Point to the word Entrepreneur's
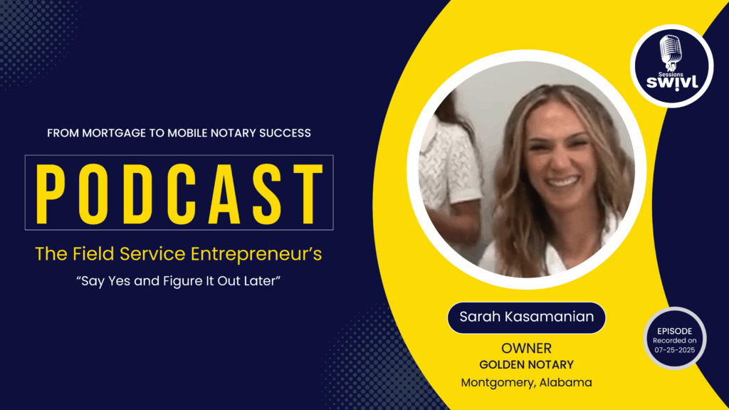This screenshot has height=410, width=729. pyautogui.click(x=256, y=254)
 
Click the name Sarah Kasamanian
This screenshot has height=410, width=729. pyautogui.click(x=526, y=317)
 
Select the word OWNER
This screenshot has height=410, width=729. pyautogui.click(x=526, y=348)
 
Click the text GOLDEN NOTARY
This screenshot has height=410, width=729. pyautogui.click(x=526, y=365)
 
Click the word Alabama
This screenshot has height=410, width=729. pyautogui.click(x=565, y=382)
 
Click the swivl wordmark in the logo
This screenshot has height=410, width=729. pyautogui.click(x=672, y=83)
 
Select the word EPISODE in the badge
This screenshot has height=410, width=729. pyautogui.click(x=675, y=332)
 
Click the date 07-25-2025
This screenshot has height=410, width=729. pyautogui.click(x=675, y=350)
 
